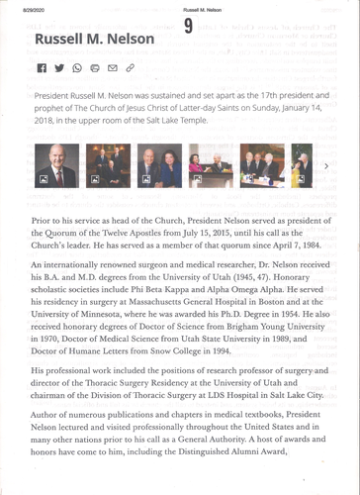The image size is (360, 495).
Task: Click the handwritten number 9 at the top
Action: pos(188,29)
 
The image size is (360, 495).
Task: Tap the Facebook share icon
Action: pos(41,67)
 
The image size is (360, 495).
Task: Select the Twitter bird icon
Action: pos(59,67)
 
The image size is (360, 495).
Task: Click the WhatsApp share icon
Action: pos(77,67)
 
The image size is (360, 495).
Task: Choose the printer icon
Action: pos(95,67)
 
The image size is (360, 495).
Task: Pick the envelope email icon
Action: pos(112,67)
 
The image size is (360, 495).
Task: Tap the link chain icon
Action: pos(130,67)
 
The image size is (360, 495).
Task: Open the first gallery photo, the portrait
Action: pos(56,165)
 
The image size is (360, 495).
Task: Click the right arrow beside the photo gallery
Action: pos(326,166)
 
